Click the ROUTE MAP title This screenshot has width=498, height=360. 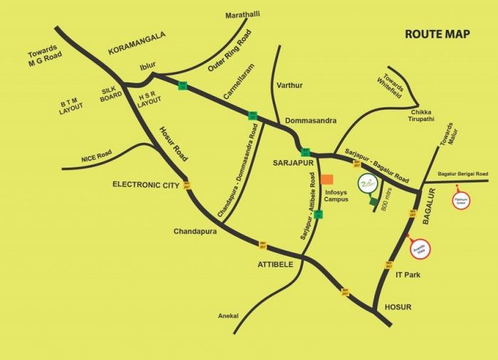tap(437, 33)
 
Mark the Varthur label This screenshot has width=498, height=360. tap(288, 85)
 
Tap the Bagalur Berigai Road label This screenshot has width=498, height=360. tap(462, 174)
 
